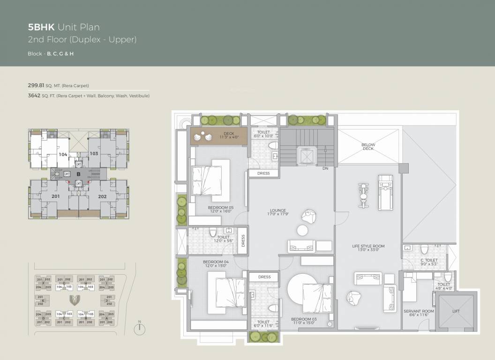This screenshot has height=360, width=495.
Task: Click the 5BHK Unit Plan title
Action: pyautogui.click(x=64, y=28)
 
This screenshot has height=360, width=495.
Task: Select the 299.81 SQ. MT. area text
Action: pyautogui.click(x=58, y=86)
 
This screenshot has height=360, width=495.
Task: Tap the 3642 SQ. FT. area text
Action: pyautogui.click(x=89, y=96)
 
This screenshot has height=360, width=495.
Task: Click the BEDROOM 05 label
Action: pyautogui.click(x=221, y=209)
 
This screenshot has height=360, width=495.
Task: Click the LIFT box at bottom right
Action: pyautogui.click(x=456, y=311)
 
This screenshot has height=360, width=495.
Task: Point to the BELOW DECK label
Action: pyautogui.click(x=368, y=146)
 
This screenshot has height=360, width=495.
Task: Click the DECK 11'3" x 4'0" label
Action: pyautogui.click(x=229, y=135)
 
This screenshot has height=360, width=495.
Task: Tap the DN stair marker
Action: pyautogui.click(x=325, y=168)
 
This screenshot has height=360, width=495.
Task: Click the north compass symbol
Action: pyautogui.click(x=139, y=329)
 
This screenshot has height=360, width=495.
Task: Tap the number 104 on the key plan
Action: pyautogui.click(x=63, y=154)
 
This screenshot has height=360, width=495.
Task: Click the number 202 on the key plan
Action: pyautogui.click(x=103, y=196)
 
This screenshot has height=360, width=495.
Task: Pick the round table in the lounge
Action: pyautogui.click(x=303, y=230)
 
